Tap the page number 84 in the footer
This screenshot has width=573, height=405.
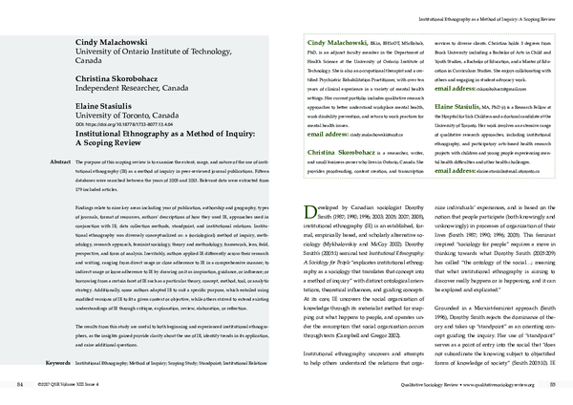pos(20,384)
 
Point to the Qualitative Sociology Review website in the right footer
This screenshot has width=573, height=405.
pos(496,384)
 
